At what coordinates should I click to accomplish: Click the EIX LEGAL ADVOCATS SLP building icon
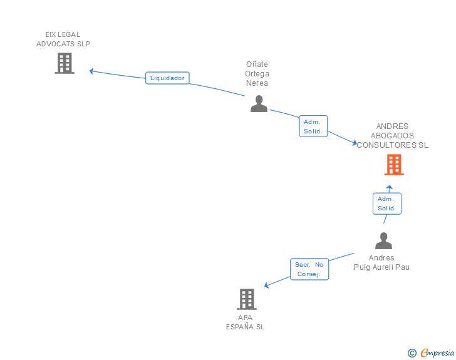pos(65,63)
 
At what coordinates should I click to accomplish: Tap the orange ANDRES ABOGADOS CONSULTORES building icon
pos(393,165)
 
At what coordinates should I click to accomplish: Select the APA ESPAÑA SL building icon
pos(247,299)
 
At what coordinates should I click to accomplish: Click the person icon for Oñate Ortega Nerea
pos(259,104)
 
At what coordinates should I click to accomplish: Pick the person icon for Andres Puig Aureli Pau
pos(383,241)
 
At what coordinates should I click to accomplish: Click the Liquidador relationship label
pos(167,78)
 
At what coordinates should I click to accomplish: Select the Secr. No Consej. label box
pos(309,269)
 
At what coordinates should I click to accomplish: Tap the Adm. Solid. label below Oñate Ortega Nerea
pos(313,126)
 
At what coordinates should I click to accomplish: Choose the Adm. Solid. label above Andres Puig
pos(386,203)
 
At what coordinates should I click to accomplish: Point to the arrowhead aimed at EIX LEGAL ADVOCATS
pos(92,71)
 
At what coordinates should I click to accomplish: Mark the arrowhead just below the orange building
pos(389,188)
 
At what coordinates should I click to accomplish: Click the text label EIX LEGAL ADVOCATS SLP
pos(63,39)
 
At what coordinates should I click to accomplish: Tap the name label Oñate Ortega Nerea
pos(257,73)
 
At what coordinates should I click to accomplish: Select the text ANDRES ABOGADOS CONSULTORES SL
pos(392,135)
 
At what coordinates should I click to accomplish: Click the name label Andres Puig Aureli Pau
pos(381,262)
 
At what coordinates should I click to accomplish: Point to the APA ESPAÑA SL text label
pos(245,322)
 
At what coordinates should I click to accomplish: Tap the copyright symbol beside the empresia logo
pos(412,353)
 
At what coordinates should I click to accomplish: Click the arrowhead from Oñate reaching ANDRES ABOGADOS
pos(354,143)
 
